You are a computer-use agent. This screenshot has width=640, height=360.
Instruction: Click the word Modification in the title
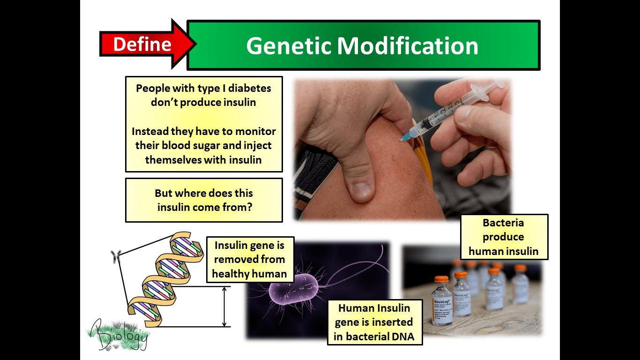(x=408, y=46)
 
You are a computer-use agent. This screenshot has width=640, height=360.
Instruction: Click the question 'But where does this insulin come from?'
(x=204, y=200)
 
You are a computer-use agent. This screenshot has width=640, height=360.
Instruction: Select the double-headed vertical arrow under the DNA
(x=224, y=307)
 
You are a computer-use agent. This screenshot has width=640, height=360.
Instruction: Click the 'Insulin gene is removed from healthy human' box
(x=250, y=259)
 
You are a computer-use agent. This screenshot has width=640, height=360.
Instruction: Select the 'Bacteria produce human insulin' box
(x=503, y=237)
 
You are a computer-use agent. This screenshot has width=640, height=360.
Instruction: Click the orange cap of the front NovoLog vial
(x=441, y=279)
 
